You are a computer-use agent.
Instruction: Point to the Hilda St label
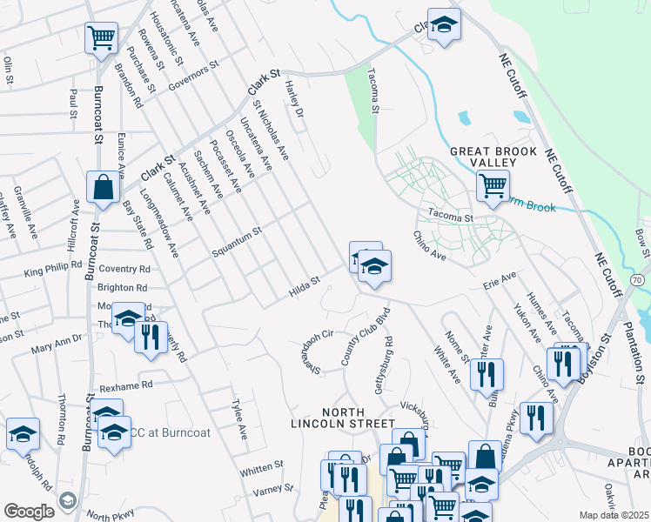(305, 286)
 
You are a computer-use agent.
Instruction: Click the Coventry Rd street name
(124, 270)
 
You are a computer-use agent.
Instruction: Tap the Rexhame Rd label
(125, 384)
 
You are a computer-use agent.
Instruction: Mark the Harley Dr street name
(293, 99)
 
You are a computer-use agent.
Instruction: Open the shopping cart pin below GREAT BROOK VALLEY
(493, 184)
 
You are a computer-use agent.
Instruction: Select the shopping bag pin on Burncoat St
(103, 187)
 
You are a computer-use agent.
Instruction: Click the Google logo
(30, 512)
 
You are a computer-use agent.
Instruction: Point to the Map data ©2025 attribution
(614, 515)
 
